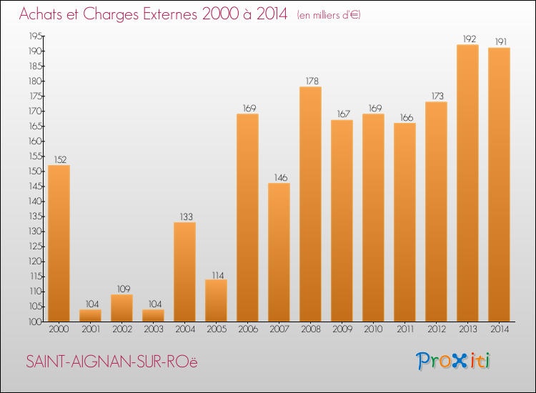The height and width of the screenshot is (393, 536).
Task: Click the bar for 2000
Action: (59, 243)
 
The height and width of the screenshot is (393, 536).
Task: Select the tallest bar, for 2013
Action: (467, 183)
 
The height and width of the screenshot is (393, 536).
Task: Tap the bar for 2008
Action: (310, 204)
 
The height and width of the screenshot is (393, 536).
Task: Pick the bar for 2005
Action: (216, 300)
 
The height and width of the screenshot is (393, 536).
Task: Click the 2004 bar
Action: (184, 272)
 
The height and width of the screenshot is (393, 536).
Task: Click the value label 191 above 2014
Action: (499, 41)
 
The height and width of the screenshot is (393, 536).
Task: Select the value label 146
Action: (279, 176)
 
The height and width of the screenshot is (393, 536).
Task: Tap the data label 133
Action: (184, 216)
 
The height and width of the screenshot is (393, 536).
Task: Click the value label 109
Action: (121, 288)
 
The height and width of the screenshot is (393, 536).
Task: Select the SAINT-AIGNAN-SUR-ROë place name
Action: (111, 362)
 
